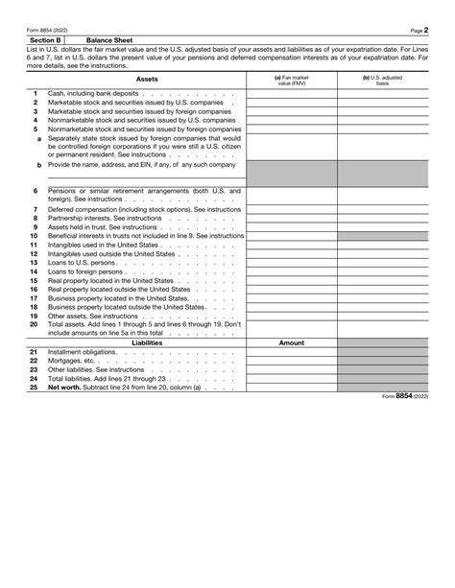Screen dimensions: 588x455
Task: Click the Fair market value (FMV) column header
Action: click(x=292, y=80)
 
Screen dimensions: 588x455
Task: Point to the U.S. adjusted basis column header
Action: click(x=383, y=80)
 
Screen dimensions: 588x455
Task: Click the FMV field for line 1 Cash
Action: click(x=292, y=93)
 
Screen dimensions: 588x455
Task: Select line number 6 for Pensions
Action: click(x=36, y=191)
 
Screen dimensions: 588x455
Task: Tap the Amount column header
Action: click(x=292, y=342)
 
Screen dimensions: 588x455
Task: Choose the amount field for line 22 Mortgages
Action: click(x=292, y=361)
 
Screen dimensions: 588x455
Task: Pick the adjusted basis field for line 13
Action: click(x=383, y=262)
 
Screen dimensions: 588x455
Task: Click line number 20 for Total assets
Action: click(x=34, y=324)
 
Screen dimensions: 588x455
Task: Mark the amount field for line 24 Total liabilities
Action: click(x=292, y=378)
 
